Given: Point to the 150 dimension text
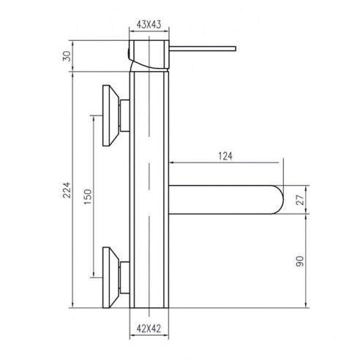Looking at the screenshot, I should click(89, 198).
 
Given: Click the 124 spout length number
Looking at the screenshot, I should click(226, 155).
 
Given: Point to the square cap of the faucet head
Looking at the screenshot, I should click(150, 53).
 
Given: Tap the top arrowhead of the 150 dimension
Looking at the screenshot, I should click(94, 117).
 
